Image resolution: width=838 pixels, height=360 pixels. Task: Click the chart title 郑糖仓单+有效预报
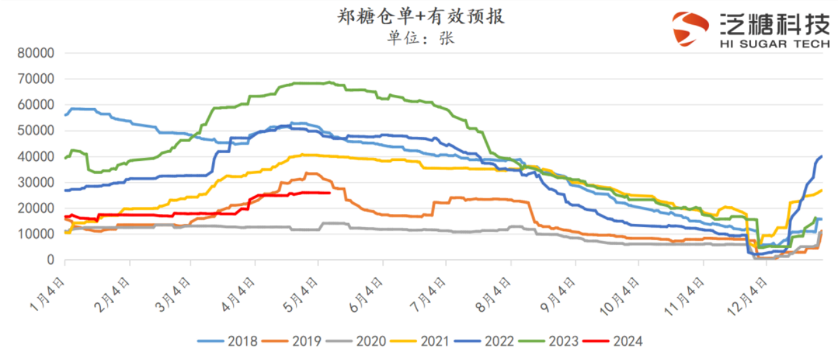[420, 17]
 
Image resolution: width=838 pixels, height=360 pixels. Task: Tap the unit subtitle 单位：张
[420, 38]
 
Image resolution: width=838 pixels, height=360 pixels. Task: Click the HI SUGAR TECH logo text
[774, 45]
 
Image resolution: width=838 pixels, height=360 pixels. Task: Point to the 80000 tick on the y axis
[37, 53]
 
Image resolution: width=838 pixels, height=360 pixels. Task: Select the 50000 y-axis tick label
[37, 130]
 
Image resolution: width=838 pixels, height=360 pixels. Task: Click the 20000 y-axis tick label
[37, 208]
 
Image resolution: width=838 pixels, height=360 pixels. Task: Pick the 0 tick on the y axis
[50, 260]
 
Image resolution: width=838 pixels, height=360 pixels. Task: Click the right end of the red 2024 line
[330, 192]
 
